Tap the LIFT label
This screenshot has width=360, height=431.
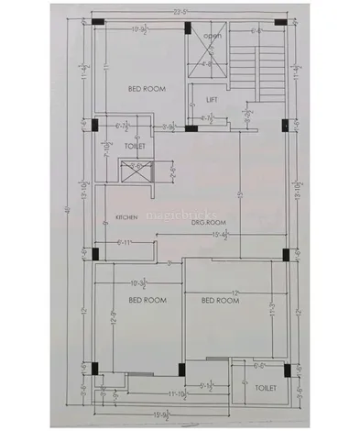click(x=211, y=98)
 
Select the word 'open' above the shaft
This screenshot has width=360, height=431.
click(x=213, y=36)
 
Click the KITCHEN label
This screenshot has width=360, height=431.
click(x=125, y=217)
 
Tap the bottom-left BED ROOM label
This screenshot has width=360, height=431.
click(x=146, y=300)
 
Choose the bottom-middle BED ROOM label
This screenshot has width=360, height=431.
click(x=220, y=300)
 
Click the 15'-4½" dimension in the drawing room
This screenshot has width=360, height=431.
click(x=222, y=237)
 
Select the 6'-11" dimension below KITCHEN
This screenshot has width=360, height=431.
click(x=128, y=242)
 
